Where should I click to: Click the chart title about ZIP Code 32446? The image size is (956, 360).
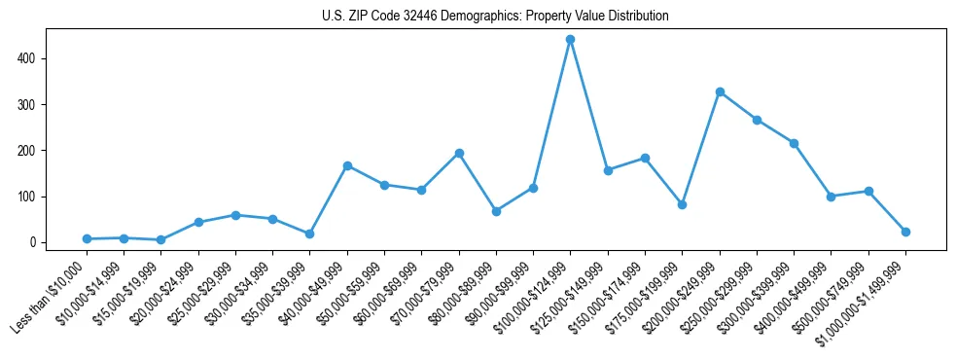point(495,17)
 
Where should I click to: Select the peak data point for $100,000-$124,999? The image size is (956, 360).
point(570,40)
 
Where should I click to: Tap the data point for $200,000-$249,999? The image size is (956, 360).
point(720,92)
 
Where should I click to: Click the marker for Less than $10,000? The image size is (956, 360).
point(87,238)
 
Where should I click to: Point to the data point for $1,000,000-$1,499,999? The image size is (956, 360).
point(905,232)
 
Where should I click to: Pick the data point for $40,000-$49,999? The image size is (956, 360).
point(347,165)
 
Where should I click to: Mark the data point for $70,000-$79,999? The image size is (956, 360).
point(459,154)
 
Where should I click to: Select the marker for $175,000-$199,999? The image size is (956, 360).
point(682,204)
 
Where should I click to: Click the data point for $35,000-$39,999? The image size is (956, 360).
point(309,234)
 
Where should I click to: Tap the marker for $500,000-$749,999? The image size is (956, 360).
point(868,191)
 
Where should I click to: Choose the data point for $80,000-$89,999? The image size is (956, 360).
point(496,211)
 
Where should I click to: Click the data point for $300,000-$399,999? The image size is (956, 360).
point(794,144)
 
